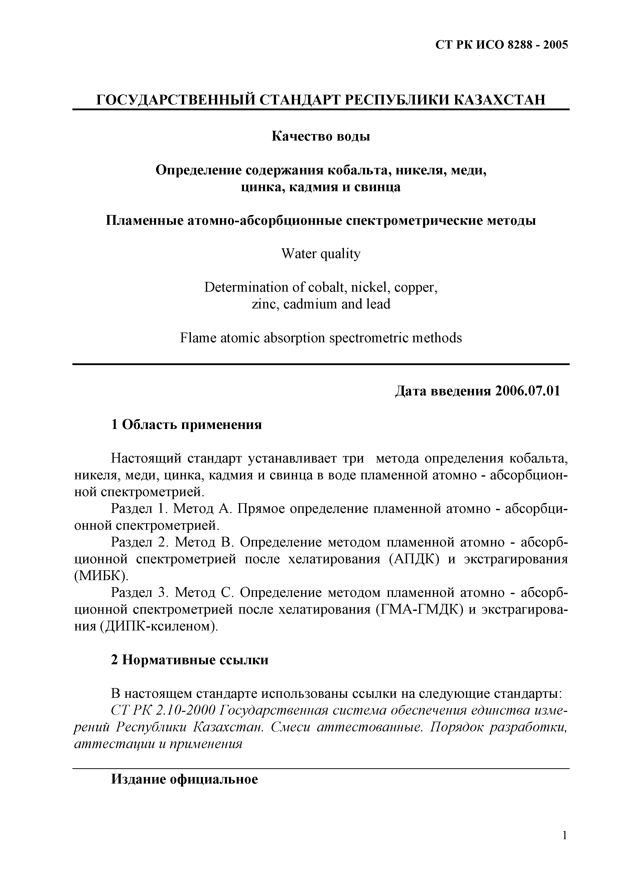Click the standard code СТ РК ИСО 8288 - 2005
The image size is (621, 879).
(x=502, y=45)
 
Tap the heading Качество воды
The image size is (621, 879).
(x=321, y=136)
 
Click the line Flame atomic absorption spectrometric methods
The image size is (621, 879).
(x=321, y=338)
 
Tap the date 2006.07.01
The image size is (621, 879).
(x=527, y=391)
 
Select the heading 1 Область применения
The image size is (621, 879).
(x=186, y=424)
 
